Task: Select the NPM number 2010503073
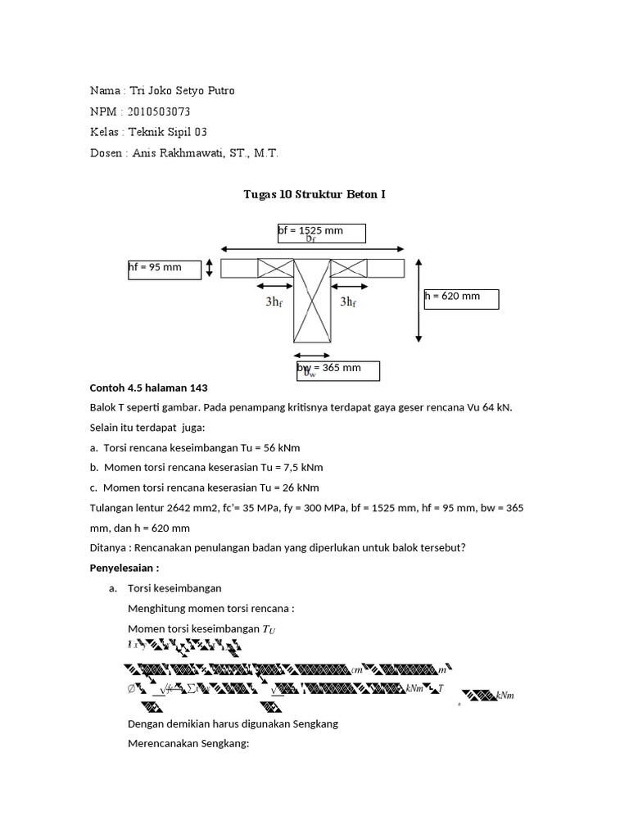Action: click(166, 111)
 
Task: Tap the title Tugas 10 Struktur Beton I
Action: click(314, 194)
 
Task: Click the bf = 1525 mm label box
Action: click(321, 233)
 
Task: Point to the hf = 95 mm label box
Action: click(165, 269)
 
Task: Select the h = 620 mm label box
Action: click(461, 298)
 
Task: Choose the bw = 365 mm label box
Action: click(338, 370)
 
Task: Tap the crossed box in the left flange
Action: click(276, 269)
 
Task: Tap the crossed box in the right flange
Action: click(350, 269)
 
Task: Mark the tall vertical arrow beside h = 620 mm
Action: click(419, 299)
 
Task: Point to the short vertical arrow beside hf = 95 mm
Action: click(210, 269)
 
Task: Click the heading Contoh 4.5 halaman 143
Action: click(149, 388)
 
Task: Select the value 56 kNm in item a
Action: click(305, 448)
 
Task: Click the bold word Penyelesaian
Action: click(123, 568)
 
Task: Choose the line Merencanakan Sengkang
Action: click(188, 744)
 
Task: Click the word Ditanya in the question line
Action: click(106, 548)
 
